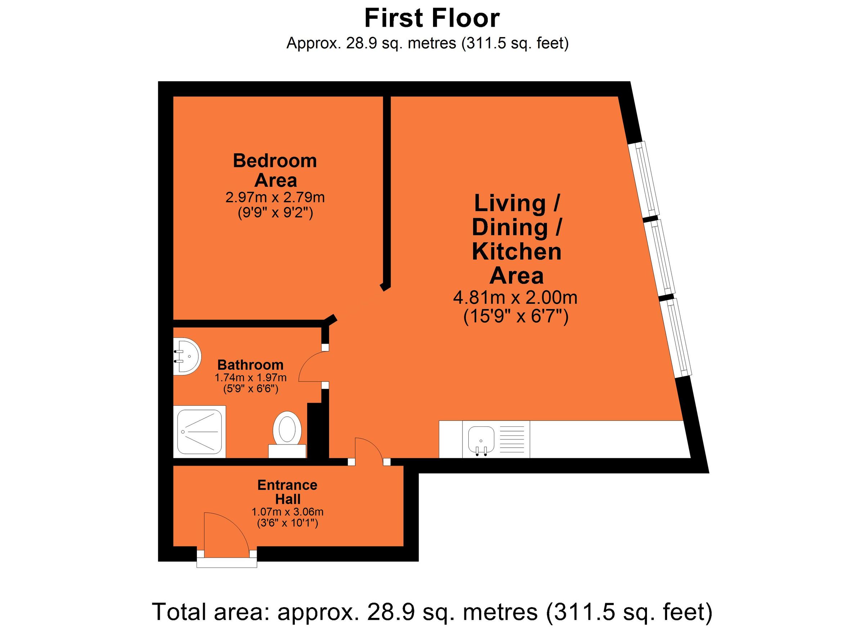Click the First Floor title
tap(432, 18)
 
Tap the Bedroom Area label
tap(275, 170)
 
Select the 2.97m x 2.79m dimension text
tap(275, 197)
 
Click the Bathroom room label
tap(250, 365)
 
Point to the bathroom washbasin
tap(188, 356)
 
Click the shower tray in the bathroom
tap(201, 432)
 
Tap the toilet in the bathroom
tap(287, 430)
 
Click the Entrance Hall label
tap(288, 492)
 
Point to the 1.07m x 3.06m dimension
tap(288, 512)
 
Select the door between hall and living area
tap(368, 451)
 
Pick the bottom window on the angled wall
tap(676, 337)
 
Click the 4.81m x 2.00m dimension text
tap(515, 297)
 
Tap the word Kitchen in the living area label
tap(517, 252)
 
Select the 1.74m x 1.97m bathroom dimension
tap(250, 378)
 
